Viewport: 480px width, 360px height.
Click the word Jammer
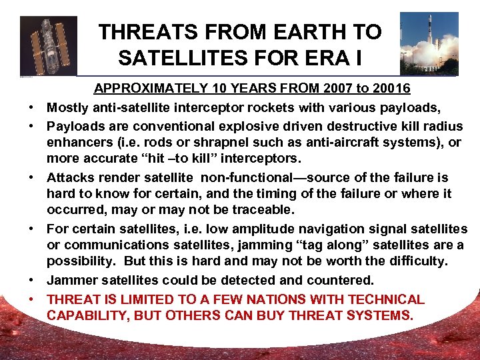(x=71, y=281)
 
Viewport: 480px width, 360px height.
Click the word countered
(x=340, y=281)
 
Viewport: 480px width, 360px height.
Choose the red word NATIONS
(x=289, y=299)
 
